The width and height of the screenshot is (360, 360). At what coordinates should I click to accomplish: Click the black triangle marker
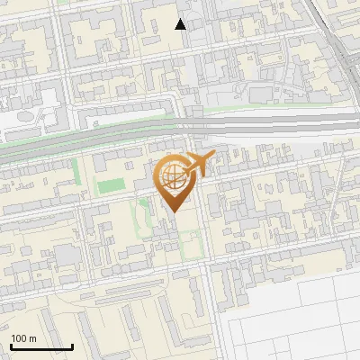coord(181,24)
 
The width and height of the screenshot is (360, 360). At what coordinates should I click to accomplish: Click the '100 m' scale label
coord(24,337)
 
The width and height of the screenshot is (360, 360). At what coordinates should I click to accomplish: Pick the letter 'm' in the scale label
coord(33,337)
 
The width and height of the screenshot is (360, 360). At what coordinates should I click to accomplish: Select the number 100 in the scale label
coord(19,337)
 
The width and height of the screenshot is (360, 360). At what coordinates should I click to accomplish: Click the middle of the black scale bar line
coord(41,346)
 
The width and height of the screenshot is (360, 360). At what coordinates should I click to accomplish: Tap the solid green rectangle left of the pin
coord(110,186)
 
